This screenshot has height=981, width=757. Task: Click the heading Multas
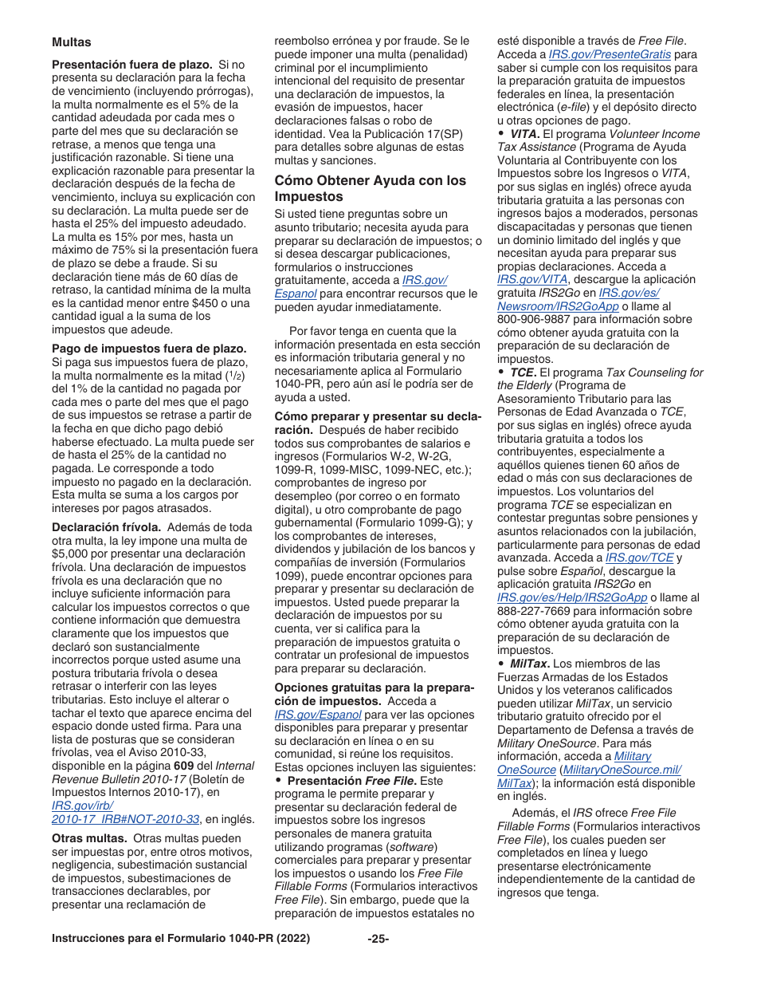coord(72,41)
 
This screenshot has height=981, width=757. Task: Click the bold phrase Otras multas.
coord(89,838)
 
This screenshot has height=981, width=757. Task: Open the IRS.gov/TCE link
coord(639,557)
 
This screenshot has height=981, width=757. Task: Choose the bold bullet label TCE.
coord(523,372)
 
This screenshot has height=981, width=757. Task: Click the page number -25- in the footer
coord(378,939)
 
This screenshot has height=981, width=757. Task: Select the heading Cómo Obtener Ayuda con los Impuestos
coord(370,188)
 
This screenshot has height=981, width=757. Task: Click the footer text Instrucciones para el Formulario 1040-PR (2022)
coord(181,939)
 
